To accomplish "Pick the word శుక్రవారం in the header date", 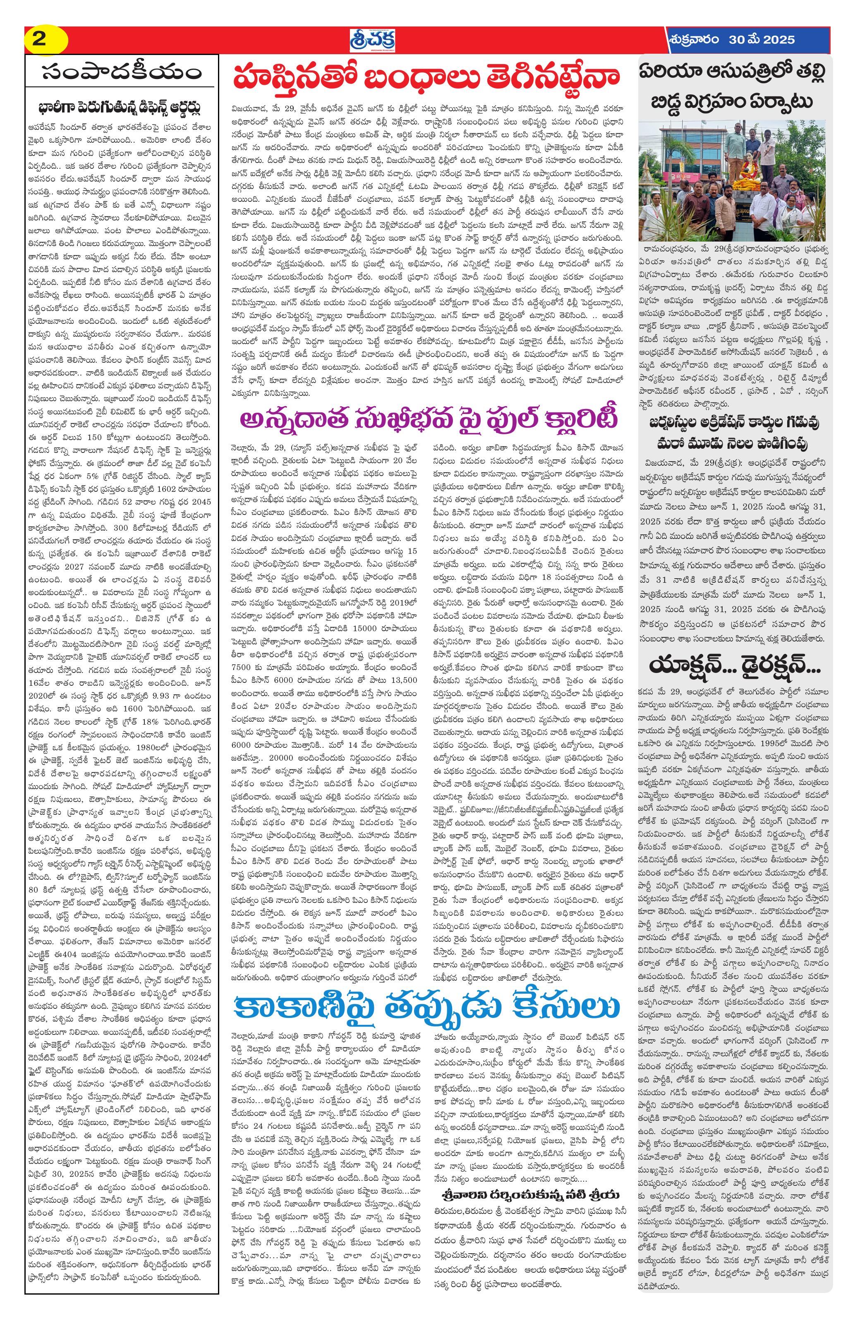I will pyautogui.click(x=695, y=40).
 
